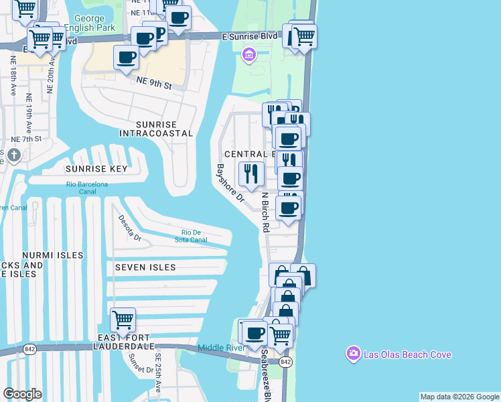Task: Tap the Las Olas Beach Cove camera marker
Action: click(x=352, y=354)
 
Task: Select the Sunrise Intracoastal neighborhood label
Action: click(x=155, y=129)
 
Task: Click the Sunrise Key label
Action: click(x=96, y=170)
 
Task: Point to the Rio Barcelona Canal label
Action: click(x=87, y=188)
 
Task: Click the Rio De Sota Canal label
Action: click(x=188, y=237)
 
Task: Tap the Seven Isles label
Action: click(x=145, y=267)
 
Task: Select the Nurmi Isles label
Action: click(x=52, y=255)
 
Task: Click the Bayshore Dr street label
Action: click(x=230, y=184)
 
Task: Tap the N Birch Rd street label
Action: click(x=265, y=212)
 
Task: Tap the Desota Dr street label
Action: click(x=130, y=228)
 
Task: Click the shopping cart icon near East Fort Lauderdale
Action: click(x=123, y=320)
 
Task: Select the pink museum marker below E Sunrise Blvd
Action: click(x=248, y=54)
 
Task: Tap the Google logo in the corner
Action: click(x=22, y=394)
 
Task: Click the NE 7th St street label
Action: click(x=27, y=139)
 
